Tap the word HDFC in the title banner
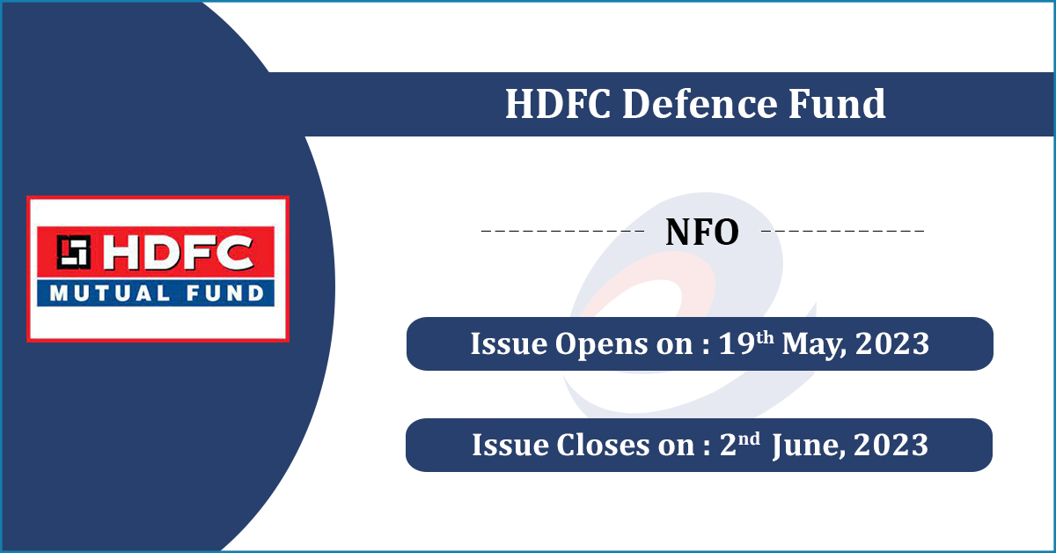[558, 105]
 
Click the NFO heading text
[701, 232]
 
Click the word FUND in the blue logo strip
[218, 293]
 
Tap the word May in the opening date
[809, 344]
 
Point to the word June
[805, 446]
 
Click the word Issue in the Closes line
[498, 446]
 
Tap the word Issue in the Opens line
[497, 344]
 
